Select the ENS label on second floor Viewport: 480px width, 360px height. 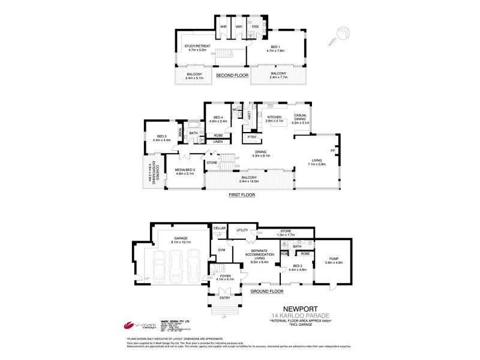(x=255, y=27)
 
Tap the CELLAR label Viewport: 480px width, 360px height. (x=220, y=229)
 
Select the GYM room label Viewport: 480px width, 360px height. (x=221, y=248)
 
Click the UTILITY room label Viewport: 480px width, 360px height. (x=242, y=230)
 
